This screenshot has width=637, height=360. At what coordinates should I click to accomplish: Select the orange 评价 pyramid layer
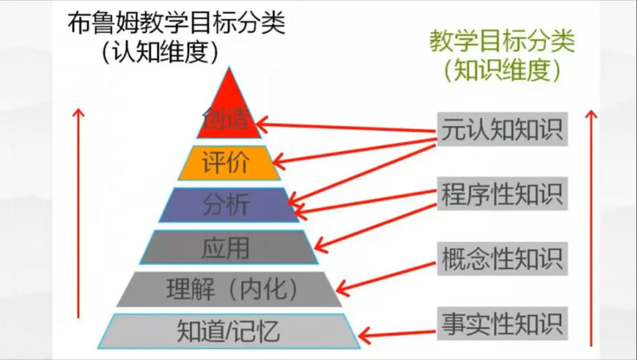(x=228, y=163)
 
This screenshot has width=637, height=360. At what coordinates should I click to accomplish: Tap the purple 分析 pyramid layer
(x=227, y=205)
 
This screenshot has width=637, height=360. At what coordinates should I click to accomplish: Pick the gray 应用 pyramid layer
(x=227, y=247)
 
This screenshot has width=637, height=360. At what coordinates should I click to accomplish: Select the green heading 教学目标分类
(x=502, y=40)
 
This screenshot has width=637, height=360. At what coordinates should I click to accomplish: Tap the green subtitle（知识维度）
(x=502, y=70)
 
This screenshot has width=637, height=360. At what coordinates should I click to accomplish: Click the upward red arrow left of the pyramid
(x=78, y=224)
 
